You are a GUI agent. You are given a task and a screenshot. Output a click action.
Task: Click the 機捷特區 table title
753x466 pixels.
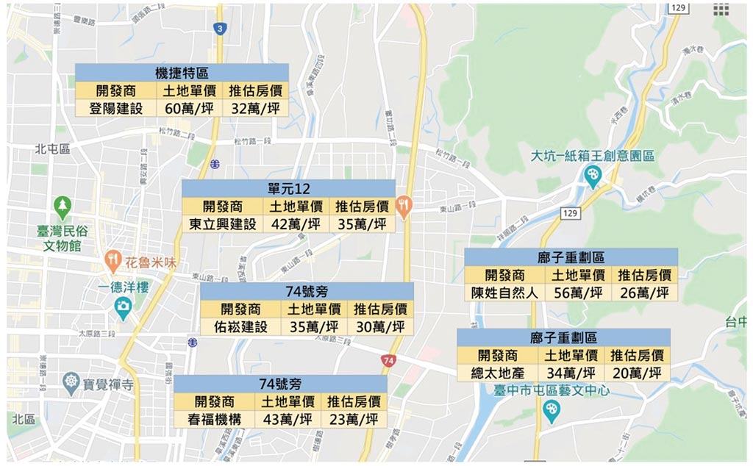coord(182,73)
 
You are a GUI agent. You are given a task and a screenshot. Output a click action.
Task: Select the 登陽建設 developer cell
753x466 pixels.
coord(116,108)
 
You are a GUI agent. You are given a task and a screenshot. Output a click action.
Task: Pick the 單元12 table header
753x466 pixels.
coord(288,188)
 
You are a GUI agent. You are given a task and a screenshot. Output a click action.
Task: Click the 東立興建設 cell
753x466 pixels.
coord(222,224)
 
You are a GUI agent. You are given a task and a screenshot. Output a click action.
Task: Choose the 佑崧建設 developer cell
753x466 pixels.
coord(240,326)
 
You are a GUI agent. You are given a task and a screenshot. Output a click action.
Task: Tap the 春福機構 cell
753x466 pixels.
coord(214,419)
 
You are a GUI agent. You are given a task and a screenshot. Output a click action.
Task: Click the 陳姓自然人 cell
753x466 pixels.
coord(504,293)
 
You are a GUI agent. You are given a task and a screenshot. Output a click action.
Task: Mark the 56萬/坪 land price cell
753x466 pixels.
coord(578,293)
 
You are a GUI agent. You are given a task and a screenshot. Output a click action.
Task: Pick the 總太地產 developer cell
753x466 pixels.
coord(497,373)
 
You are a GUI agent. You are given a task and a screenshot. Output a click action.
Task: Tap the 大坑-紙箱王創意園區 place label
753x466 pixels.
coord(593,156)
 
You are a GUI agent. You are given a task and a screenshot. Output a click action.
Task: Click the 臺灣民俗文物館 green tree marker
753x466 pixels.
coord(63,204)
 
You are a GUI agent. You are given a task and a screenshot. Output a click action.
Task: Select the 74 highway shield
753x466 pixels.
coord(389,360)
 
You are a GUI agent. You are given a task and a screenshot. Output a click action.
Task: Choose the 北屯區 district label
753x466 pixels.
coord(51,149)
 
